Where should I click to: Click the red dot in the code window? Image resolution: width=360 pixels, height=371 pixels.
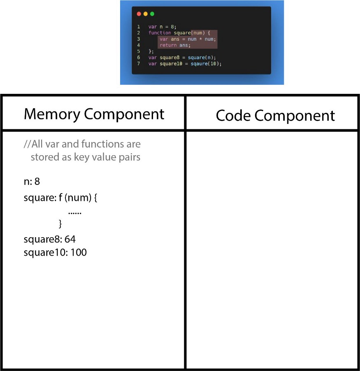[x=139, y=14]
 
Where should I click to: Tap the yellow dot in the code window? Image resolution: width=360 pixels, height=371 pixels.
[x=146, y=14]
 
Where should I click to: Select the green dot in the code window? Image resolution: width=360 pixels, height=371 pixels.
[x=152, y=14]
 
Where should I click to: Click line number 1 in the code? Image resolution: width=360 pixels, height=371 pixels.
[x=139, y=27]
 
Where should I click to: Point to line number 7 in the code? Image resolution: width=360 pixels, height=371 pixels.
[x=139, y=63]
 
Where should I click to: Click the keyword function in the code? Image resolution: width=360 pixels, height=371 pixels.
[x=160, y=33]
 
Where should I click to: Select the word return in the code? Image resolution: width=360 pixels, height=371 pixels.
[x=168, y=45]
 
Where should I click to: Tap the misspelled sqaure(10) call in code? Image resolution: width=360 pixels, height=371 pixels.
[x=206, y=64]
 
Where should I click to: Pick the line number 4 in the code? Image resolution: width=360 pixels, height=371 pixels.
[x=139, y=45]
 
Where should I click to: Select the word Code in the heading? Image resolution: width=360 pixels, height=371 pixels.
[x=233, y=116]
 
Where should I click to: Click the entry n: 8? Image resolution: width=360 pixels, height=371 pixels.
[x=32, y=182]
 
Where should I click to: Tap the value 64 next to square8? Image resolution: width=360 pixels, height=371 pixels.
[x=70, y=239]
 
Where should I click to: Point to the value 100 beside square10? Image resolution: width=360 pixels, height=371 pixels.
[x=79, y=252]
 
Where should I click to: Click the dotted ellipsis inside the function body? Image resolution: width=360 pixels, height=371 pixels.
[x=75, y=213]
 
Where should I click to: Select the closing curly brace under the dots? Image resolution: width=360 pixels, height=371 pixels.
[x=60, y=224]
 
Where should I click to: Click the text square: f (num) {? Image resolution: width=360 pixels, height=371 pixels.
[x=60, y=198]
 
